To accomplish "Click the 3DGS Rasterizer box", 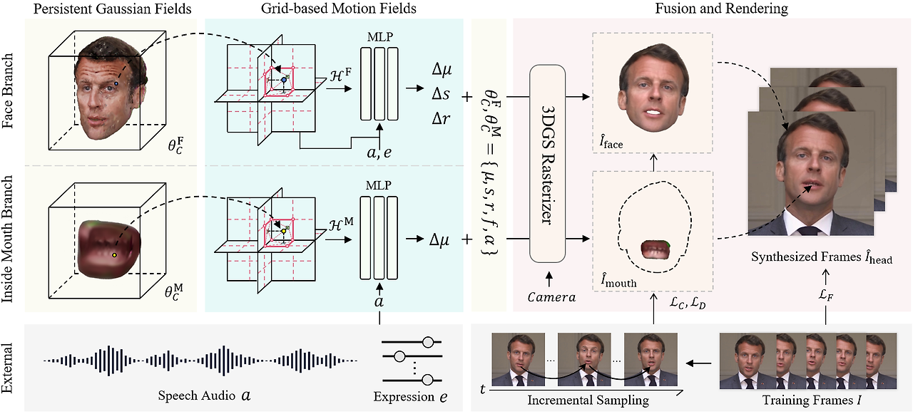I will coord(547,162).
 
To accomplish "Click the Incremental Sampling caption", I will coord(588,400).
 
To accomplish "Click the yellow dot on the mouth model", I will coord(113,254).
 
